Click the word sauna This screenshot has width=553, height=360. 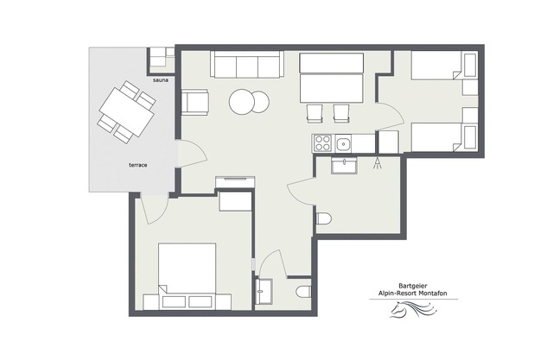click(161, 80)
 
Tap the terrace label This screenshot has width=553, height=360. click(138, 165)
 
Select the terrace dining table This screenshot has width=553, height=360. click(127, 112)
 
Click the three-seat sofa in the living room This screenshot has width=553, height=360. click(247, 64)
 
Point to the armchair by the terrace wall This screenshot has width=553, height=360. click(194, 102)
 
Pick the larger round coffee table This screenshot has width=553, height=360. click(242, 102)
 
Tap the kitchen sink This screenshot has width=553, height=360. click(343, 143)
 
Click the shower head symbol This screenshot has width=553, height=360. click(378, 163)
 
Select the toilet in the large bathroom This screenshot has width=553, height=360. click(323, 218)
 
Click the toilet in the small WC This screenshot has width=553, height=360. click(303, 292)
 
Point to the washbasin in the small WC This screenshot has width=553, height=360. click(264, 292)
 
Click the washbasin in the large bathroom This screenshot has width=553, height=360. click(344, 166)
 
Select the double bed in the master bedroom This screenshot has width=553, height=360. click(187, 276)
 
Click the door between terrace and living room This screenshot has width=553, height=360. click(192, 154)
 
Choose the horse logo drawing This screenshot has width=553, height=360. click(414, 309)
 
